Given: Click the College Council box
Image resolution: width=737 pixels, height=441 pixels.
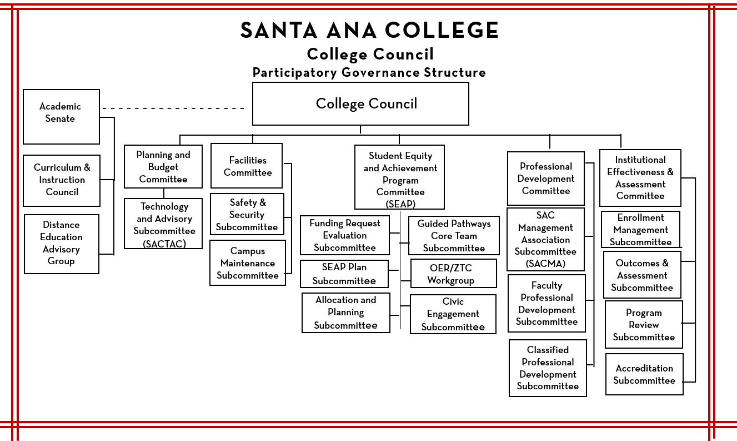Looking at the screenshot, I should point(360,104).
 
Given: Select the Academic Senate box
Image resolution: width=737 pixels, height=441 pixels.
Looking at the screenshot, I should point(61,116).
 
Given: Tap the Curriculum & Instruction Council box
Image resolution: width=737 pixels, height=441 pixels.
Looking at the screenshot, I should point(62,180).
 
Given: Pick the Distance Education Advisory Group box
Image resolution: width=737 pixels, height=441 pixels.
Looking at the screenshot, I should point(62,244).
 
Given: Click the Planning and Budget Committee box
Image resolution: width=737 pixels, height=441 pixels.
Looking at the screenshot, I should point(163,167).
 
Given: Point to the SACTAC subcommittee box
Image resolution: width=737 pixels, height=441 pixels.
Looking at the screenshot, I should point(163,224).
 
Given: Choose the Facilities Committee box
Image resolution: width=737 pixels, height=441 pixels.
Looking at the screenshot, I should point(247,166).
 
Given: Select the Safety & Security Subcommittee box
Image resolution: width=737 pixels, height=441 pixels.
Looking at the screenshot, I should point(247,214).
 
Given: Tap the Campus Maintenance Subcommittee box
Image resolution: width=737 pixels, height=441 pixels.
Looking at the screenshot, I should point(248,262).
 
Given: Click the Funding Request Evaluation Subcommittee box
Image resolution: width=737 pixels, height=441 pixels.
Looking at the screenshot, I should point(344,235).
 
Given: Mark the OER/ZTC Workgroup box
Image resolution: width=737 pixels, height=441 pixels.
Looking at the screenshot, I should point(450,274).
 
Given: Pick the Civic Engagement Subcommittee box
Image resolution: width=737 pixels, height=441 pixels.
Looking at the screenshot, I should point(453,314).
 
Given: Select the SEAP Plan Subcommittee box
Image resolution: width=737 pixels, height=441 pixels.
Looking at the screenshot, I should point(344,274).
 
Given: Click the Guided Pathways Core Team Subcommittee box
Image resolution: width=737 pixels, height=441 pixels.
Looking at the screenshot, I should point(454,235).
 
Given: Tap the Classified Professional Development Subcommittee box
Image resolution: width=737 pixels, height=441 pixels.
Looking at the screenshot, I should point(548,368).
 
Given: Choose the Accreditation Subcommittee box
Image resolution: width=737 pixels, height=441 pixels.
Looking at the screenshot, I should point(644,374).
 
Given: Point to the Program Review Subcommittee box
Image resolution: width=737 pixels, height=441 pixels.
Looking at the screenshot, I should point(644,325).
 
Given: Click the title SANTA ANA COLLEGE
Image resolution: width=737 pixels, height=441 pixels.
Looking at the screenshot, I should point(369,31).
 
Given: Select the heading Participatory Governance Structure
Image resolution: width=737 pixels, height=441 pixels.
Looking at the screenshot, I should point(369,73).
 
